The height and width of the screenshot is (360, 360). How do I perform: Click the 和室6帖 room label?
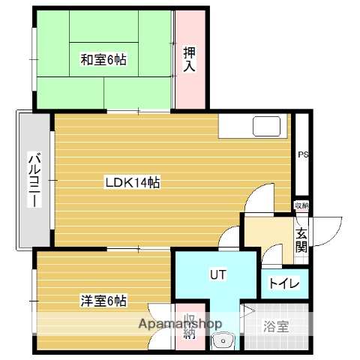(x=103, y=58)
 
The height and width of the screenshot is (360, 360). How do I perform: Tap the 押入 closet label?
(x=190, y=59)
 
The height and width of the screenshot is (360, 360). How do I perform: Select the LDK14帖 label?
(x=131, y=182)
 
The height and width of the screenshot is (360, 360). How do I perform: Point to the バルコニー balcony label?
(x=34, y=180)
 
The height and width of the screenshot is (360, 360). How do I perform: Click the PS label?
(x=303, y=155)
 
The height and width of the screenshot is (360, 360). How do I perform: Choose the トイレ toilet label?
(x=284, y=283)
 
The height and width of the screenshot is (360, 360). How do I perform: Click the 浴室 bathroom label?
(x=274, y=326)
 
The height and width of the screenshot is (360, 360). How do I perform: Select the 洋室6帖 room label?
(x=103, y=301)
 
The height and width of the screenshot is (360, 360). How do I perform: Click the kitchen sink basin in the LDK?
(x=266, y=125)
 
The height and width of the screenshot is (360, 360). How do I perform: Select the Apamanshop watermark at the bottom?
(x=180, y=324)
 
